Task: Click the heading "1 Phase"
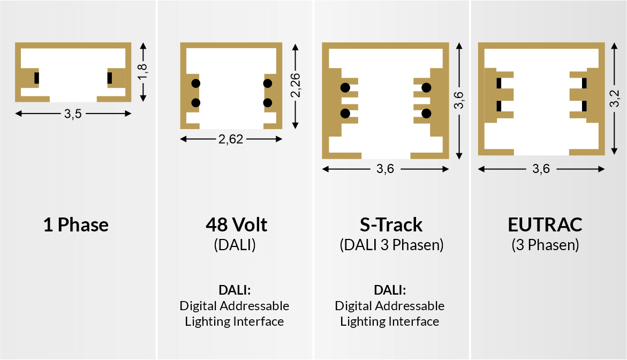coord(75,224)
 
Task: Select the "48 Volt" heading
coord(236,224)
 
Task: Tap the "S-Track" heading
coord(391,224)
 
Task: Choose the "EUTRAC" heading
coord(545,224)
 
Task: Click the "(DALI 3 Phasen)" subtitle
coord(391,245)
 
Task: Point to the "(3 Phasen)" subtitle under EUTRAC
coord(545,245)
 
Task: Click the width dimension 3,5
coord(73,114)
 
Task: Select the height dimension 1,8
coord(142,72)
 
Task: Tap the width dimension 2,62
coord(231,140)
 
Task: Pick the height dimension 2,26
coord(295,85)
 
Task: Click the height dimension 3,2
coord(614,99)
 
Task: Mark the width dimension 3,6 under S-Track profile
coord(385,169)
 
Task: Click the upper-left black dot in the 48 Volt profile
coord(195,83)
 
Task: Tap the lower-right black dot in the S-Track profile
coord(427,113)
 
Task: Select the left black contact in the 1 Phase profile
coord(36,78)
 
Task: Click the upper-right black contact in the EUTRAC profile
coord(584,83)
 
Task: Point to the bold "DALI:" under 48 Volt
coord(235,290)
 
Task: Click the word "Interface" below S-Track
coord(413,321)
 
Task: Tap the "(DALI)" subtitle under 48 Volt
coord(235,245)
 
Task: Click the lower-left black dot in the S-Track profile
coord(345,113)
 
